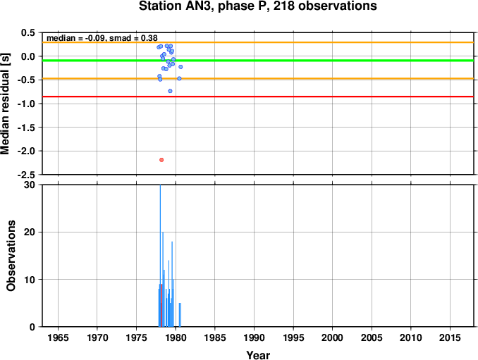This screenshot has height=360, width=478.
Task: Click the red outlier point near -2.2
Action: click(x=161, y=160)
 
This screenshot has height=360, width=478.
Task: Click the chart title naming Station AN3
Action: click(x=257, y=6)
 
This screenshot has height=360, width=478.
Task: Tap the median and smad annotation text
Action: click(x=102, y=38)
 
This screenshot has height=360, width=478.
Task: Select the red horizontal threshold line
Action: click(x=258, y=97)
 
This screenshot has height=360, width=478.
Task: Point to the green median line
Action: click(x=258, y=61)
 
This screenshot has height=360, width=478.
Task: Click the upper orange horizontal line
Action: click(x=258, y=42)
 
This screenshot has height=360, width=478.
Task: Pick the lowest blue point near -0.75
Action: click(x=170, y=91)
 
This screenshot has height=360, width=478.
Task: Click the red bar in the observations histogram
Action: click(x=161, y=305)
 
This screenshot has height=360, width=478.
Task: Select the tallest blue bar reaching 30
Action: click(x=160, y=256)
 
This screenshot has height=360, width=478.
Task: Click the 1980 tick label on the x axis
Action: click(x=176, y=337)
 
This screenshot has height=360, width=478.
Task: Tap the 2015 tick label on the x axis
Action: click(x=450, y=337)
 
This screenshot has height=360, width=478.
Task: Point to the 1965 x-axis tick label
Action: click(x=58, y=337)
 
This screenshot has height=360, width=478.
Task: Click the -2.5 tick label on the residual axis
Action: click(x=27, y=175)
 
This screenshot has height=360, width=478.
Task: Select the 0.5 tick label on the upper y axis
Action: click(x=28, y=32)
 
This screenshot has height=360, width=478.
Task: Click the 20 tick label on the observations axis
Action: click(x=30, y=232)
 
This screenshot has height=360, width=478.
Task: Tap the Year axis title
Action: click(x=258, y=355)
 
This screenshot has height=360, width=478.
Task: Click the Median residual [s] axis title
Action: click(x=5, y=104)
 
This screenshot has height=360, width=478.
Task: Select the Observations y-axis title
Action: click(x=11, y=256)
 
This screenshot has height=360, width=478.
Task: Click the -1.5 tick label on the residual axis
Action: click(x=27, y=128)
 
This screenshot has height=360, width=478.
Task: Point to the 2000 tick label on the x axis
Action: click(x=332, y=337)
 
